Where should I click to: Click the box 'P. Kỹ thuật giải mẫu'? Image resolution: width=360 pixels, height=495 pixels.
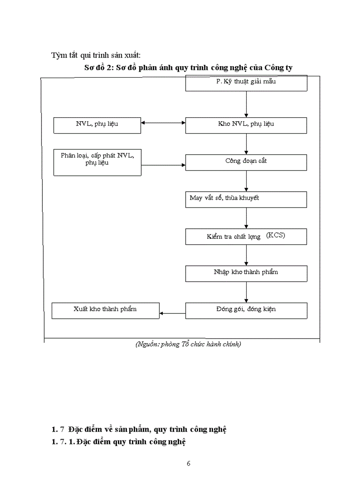[246, 83]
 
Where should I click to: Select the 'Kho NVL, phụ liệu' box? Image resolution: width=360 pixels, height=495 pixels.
[246, 125]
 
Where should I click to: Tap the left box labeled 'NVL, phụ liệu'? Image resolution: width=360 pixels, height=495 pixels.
[97, 125]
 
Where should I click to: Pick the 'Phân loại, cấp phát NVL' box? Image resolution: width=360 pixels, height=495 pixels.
[97, 162]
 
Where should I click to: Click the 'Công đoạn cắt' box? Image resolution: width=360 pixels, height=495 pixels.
[246, 162]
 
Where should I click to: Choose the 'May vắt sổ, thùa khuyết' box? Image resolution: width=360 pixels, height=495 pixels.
[246, 199]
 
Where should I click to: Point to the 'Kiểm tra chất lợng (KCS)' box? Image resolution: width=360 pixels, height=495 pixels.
[246, 236]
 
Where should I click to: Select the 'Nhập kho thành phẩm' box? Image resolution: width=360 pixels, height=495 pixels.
[246, 273]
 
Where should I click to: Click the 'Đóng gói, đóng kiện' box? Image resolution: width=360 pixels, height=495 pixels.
[246, 310]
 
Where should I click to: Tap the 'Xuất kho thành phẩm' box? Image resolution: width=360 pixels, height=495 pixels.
[105, 310]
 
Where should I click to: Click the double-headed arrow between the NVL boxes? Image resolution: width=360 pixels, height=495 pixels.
[163, 123]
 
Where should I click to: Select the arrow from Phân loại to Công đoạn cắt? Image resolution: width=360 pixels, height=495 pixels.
[163, 165]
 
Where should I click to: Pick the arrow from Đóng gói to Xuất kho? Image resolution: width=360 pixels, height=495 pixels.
[172, 313]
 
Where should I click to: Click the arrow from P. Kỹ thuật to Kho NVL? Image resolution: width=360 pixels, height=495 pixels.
[246, 104]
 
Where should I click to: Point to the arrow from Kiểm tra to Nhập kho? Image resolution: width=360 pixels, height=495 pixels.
[246, 255]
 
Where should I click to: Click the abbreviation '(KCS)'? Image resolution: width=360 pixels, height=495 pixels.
[276, 236]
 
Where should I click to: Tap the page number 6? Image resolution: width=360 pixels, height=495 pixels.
[188, 463]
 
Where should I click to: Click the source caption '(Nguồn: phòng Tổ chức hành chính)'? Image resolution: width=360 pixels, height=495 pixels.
[188, 344]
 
